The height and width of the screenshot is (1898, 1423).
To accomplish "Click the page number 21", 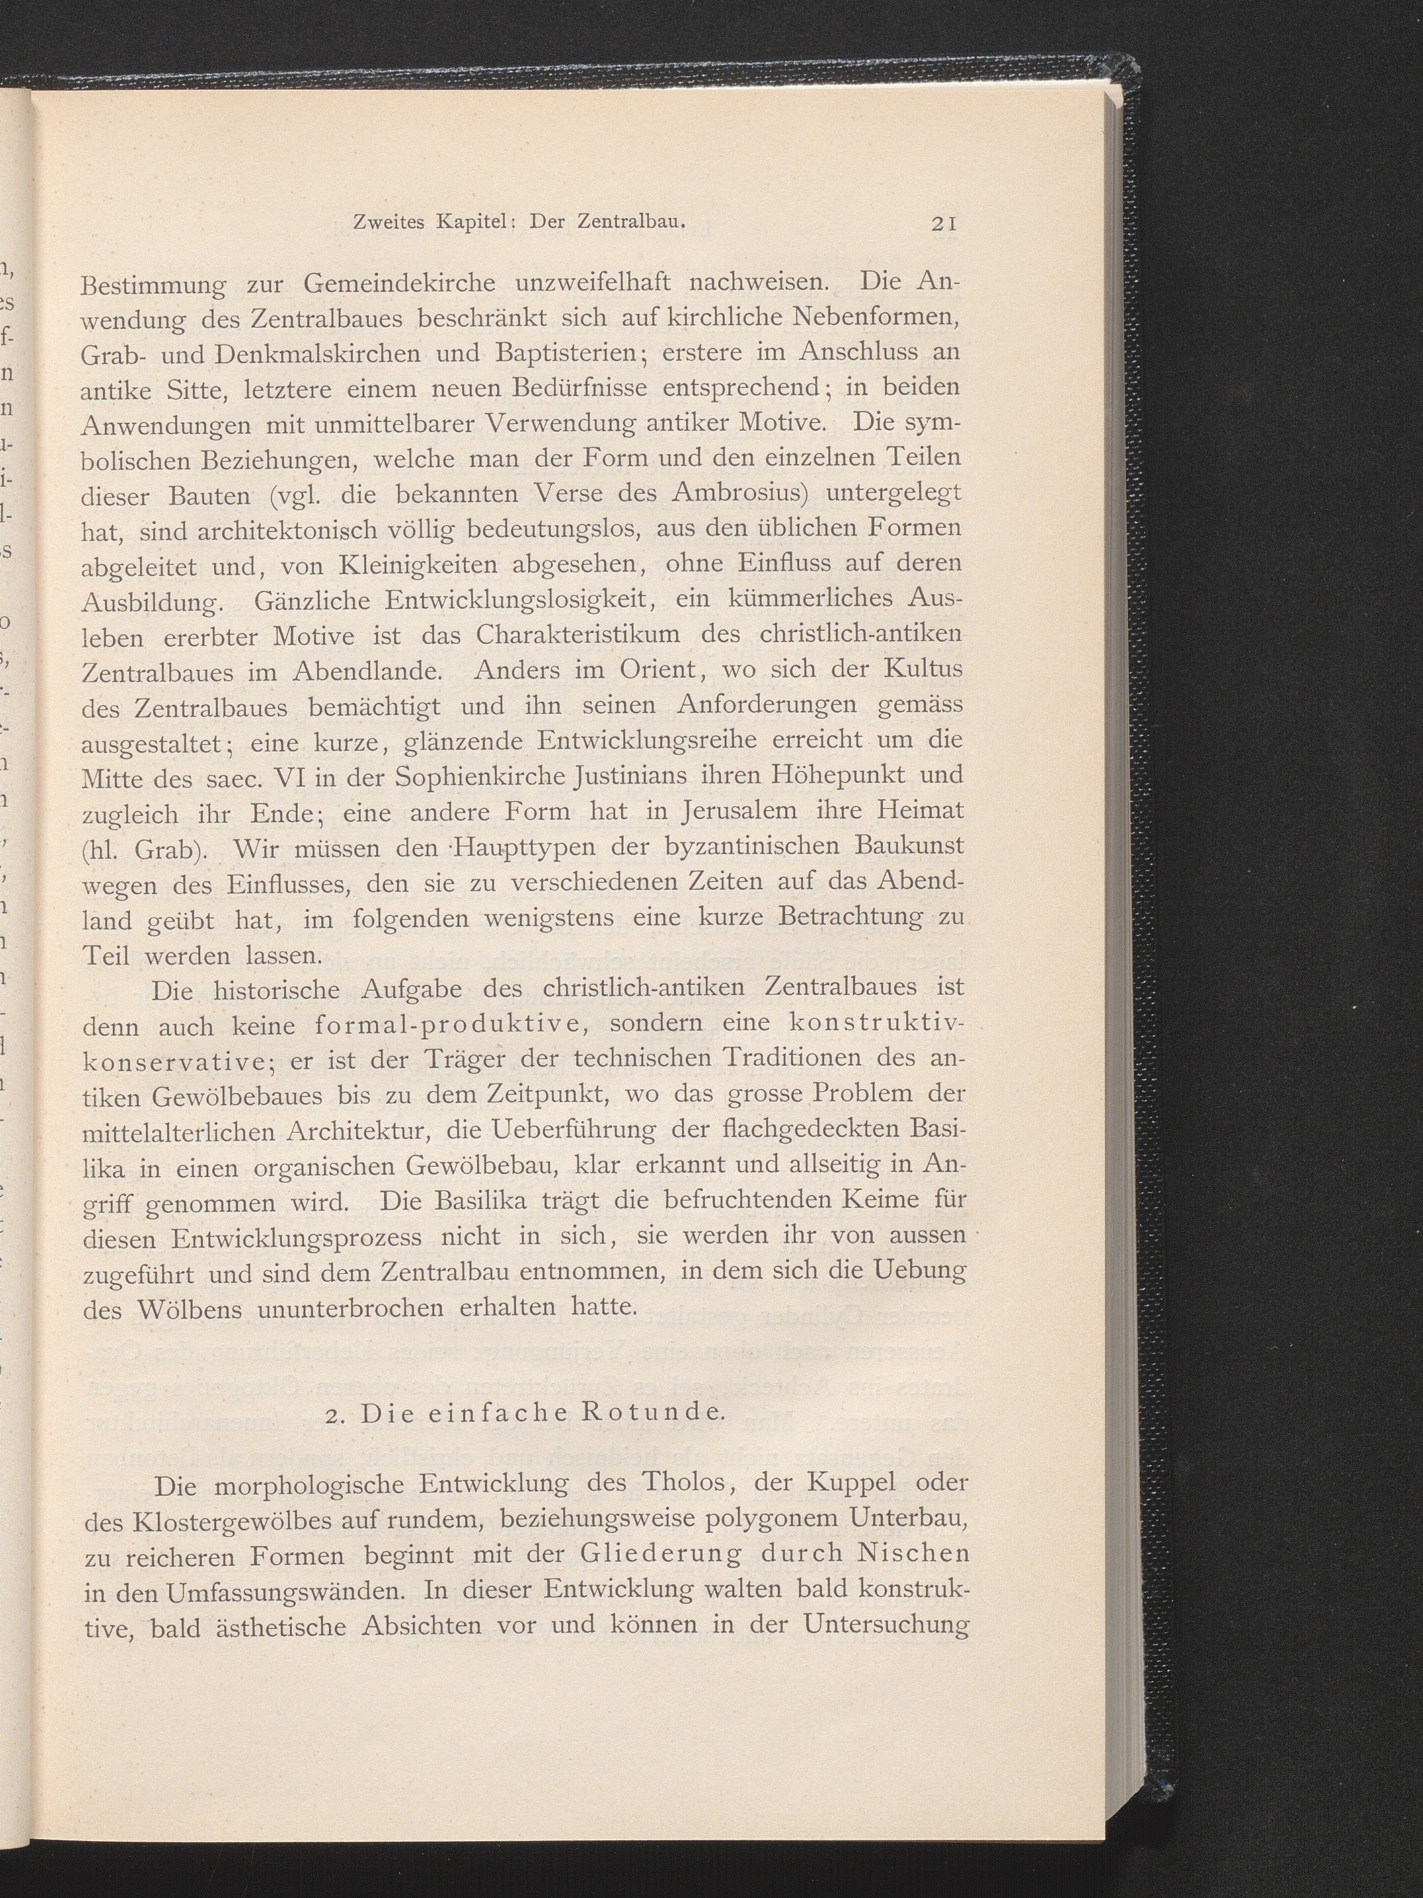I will pos(943,224).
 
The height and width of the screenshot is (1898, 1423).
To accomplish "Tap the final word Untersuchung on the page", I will pos(887,1626).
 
